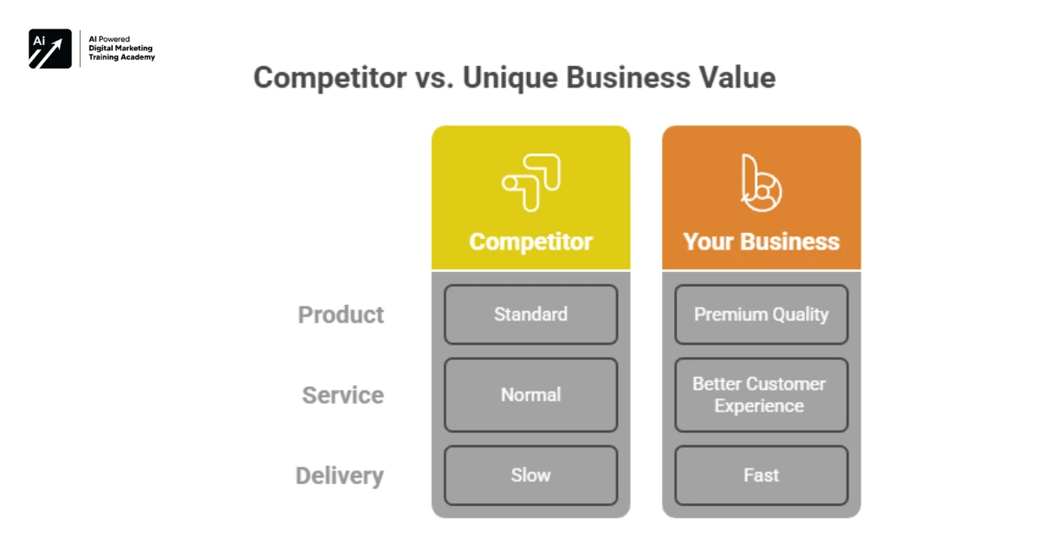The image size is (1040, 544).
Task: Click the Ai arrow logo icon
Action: [49, 49]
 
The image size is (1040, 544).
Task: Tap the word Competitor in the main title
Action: [329, 78]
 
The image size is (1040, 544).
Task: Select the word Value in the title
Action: [736, 78]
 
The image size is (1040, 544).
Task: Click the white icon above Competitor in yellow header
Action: [530, 182]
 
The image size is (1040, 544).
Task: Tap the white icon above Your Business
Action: [761, 182]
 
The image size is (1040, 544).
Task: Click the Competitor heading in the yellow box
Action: [530, 241]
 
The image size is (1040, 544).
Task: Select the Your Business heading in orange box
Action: [761, 241]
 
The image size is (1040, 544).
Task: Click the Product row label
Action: [341, 314]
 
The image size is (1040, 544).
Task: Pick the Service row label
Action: [342, 395]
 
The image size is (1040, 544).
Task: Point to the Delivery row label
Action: [339, 476]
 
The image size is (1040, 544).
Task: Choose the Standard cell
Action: [530, 314]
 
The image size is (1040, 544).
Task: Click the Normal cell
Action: [530, 395]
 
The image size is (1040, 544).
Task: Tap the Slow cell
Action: [530, 476]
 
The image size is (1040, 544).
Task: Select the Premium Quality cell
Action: [761, 314]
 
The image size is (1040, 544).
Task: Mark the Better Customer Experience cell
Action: [761, 395]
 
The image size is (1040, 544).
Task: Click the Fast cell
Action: [761, 476]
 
